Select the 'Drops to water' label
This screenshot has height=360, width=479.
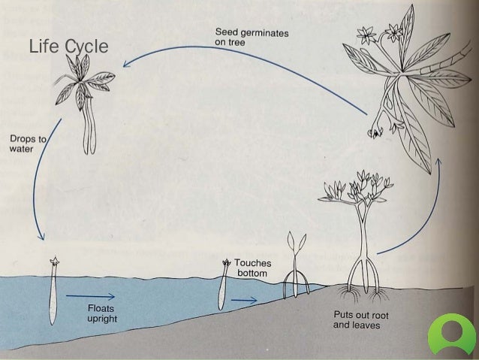click(x=26, y=144)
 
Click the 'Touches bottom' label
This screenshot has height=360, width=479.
click(x=256, y=268)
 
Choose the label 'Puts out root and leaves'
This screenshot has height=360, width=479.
click(x=360, y=320)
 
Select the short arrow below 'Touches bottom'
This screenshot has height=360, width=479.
click(x=243, y=298)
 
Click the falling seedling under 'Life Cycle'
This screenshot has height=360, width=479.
click(x=86, y=101)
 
